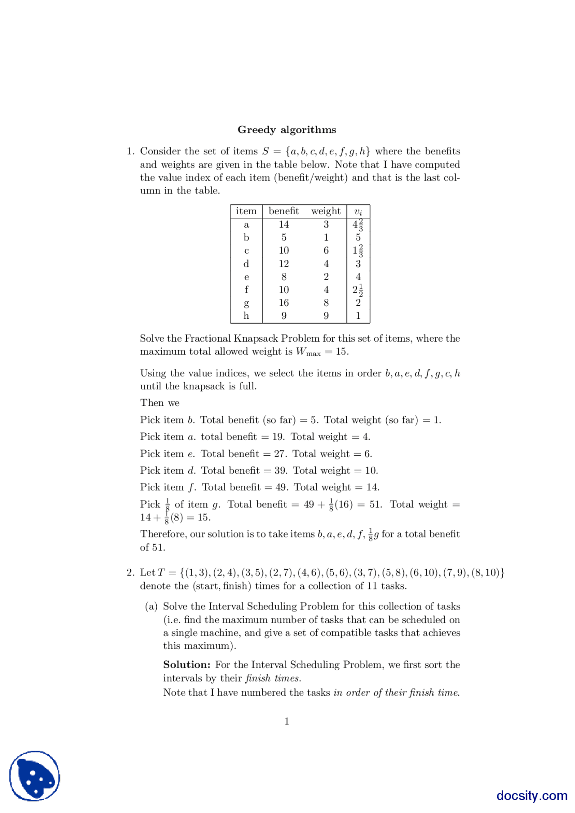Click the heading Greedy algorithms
(287, 130)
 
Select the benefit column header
(283, 211)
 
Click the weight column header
(326, 211)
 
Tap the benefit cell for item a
(283, 224)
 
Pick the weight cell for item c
(326, 250)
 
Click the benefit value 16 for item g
(283, 303)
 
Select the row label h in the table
(246, 316)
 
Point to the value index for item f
(358, 290)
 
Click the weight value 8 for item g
(326, 303)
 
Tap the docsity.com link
(531, 795)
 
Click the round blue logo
(35, 776)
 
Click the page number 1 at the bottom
(287, 721)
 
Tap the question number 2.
(130, 573)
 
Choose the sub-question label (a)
(151, 607)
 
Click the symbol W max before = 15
(307, 352)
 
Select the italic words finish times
(273, 678)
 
